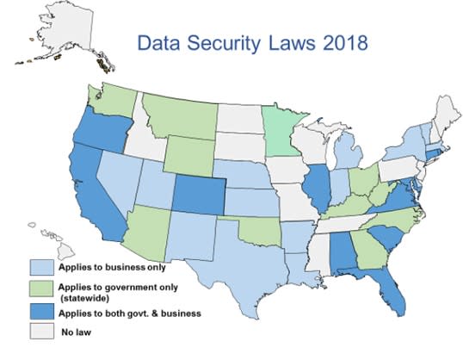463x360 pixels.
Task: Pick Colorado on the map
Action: pyautogui.click(x=200, y=197)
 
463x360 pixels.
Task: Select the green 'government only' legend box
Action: pyautogui.click(x=43, y=289)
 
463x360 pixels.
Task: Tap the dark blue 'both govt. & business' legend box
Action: pyautogui.click(x=43, y=313)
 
